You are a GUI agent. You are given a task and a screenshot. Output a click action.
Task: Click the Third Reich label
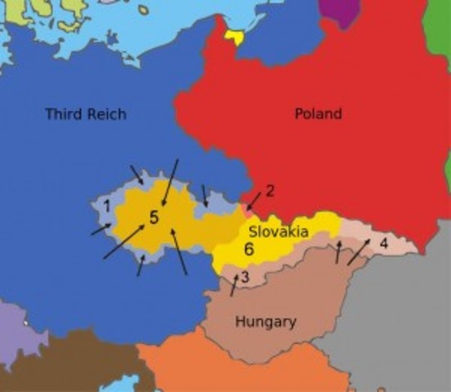pyautogui.click(x=86, y=114)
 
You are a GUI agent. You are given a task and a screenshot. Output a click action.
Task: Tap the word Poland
pyautogui.click(x=318, y=114)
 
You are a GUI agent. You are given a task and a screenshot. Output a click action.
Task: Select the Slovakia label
pyautogui.click(x=279, y=232)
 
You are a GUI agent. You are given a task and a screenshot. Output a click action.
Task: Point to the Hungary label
pyautogui.click(x=266, y=322)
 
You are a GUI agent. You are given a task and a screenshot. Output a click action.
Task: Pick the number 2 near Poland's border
pyautogui.click(x=270, y=190)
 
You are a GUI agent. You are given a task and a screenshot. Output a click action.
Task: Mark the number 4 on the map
pyautogui.click(x=383, y=243)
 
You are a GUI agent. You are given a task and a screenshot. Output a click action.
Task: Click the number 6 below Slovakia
pyautogui.click(x=249, y=251)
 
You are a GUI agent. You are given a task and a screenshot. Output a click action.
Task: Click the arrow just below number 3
pyautogui.click(x=234, y=285)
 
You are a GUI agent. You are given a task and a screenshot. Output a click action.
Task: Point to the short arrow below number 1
pyautogui.click(x=100, y=229)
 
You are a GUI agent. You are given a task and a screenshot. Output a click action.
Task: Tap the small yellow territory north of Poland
pyautogui.click(x=235, y=36)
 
